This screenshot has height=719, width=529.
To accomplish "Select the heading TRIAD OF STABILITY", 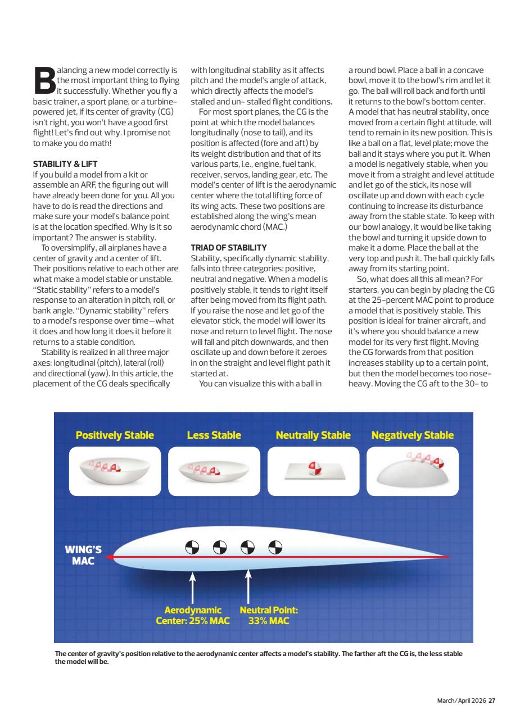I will tap(228, 247).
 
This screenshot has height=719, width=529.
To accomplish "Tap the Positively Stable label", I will tap(115, 435).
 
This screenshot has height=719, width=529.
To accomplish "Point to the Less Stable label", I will tap(214, 435).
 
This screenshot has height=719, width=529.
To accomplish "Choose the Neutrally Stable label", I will tap(313, 435).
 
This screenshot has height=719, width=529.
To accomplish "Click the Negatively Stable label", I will tap(413, 435).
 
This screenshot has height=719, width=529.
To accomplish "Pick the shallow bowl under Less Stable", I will tap(214, 475).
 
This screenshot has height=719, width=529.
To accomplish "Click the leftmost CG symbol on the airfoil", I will tap(193, 546).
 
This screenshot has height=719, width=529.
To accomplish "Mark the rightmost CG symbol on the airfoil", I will tap(275, 546).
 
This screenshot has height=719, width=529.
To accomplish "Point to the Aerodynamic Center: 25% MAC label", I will tap(193, 616).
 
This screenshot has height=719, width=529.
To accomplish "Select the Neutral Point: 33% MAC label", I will tap(268, 616).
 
